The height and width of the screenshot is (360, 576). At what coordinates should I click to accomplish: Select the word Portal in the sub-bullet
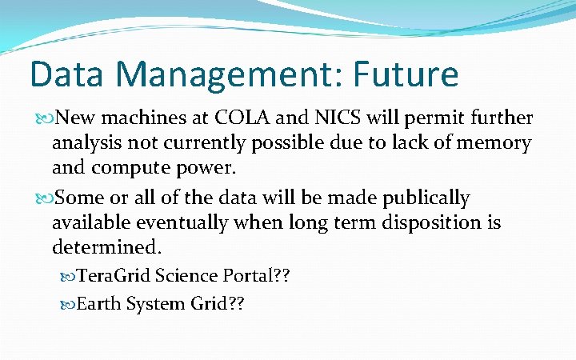click(x=238, y=276)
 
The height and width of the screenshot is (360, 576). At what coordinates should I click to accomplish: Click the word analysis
click(x=86, y=145)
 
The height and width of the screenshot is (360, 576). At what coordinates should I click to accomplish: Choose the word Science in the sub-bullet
click(x=182, y=276)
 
